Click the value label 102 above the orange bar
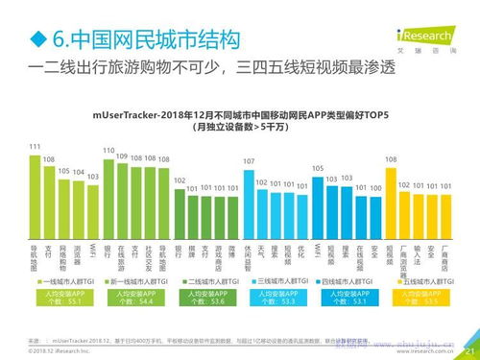click(x=404, y=183)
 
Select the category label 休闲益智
click(x=249, y=252)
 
